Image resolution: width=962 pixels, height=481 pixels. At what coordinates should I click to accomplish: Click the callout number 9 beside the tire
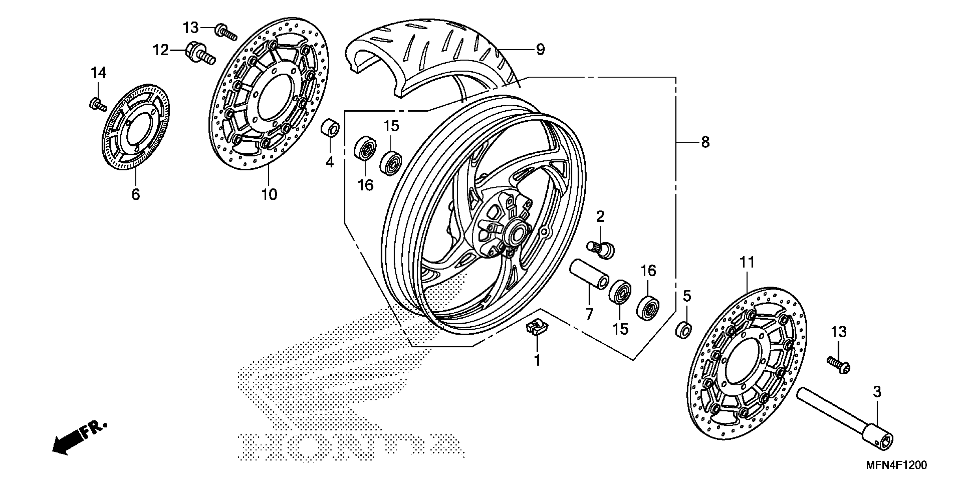click(540, 49)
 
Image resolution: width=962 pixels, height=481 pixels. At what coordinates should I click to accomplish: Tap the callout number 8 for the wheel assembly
click(705, 142)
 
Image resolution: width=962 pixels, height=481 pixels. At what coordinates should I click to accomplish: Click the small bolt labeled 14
click(97, 104)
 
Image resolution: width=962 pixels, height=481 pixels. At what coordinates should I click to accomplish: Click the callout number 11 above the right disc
click(747, 263)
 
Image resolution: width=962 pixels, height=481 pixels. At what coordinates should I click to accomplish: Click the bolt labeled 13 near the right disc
click(839, 364)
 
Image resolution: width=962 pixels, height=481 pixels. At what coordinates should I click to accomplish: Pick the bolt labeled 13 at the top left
click(226, 32)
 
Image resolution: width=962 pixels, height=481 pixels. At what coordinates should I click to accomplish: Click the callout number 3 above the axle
click(877, 392)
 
